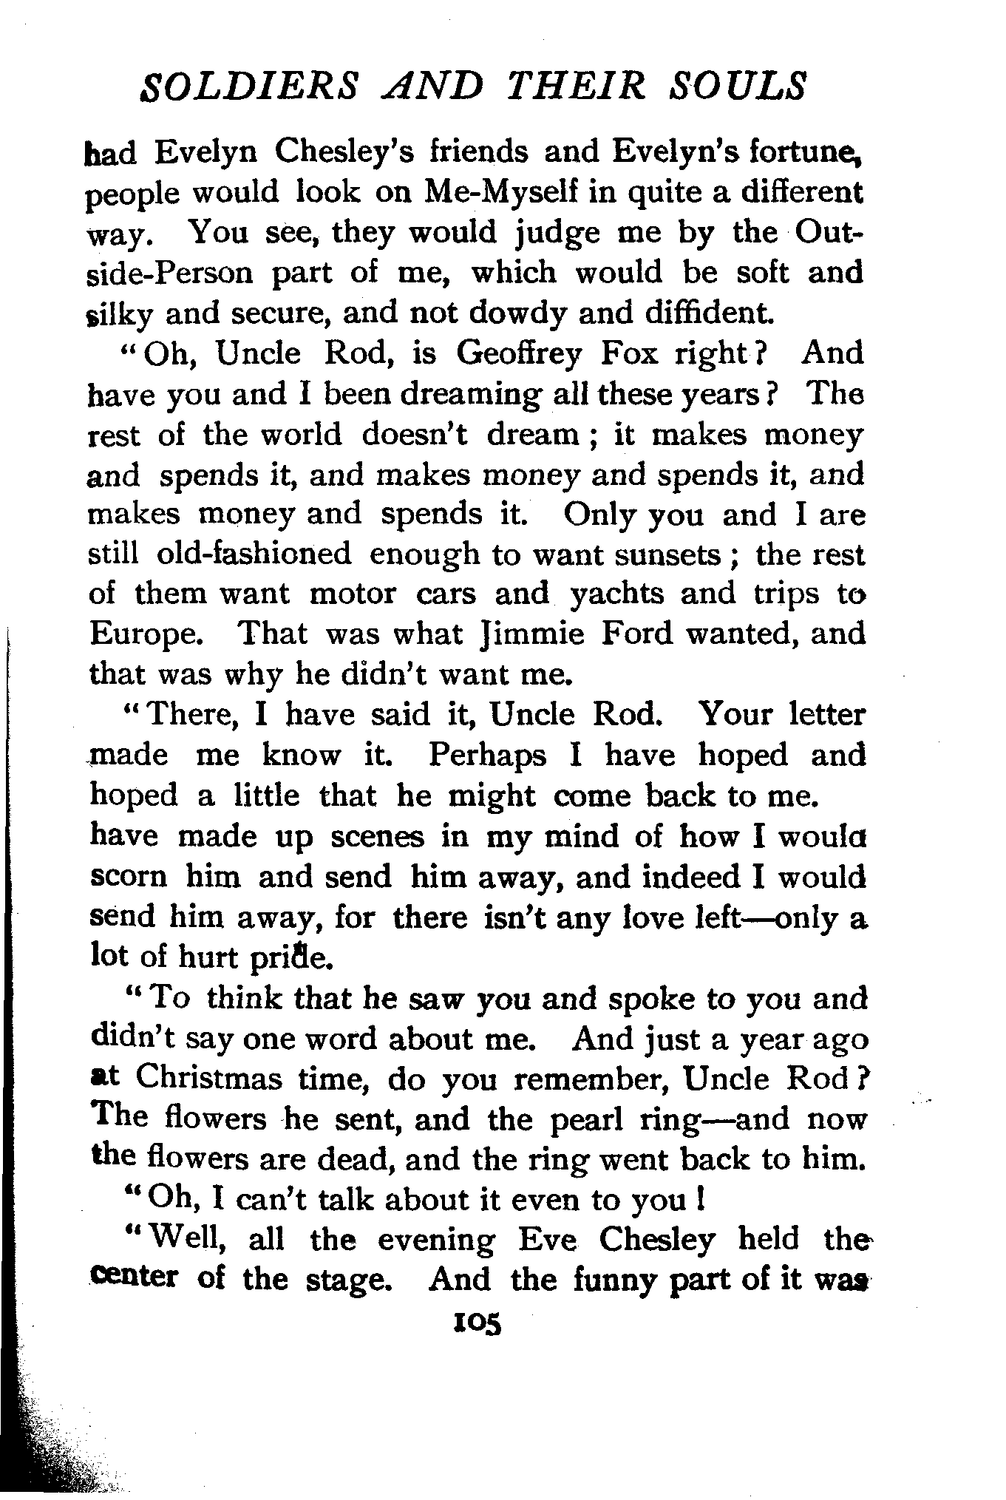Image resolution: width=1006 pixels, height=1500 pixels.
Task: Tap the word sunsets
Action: [647, 554]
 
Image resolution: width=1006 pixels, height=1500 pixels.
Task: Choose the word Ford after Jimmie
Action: [636, 634]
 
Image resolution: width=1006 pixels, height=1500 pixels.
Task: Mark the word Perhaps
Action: [487, 756]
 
